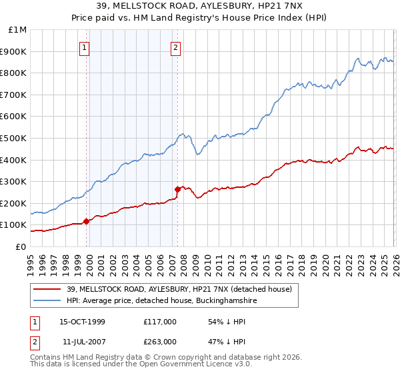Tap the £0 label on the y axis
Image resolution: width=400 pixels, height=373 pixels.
21,246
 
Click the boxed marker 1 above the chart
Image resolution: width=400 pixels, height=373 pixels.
86,47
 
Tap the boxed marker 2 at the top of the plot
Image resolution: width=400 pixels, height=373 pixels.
175,47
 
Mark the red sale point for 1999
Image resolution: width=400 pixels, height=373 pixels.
87,221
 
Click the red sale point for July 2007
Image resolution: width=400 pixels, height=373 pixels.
177,189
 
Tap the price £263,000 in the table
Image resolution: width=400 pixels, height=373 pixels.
159,342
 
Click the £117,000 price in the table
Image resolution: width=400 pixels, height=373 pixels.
159,322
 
